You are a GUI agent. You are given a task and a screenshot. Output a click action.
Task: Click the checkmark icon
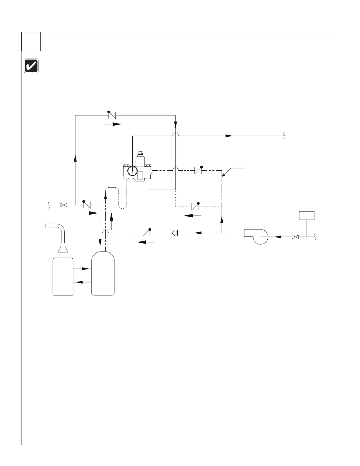pyautogui.click(x=31, y=66)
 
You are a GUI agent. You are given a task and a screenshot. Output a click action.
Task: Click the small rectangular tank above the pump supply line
pyautogui.click(x=306, y=215)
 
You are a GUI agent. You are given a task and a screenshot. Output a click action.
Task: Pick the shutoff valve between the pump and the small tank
pyautogui.click(x=295, y=237)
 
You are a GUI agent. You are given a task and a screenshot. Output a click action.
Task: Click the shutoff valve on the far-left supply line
pyautogui.click(x=63, y=205)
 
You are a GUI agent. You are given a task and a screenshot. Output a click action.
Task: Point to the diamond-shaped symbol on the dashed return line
pyautogui.click(x=174, y=233)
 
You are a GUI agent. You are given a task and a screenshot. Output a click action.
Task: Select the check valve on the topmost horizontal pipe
pyautogui.click(x=112, y=115)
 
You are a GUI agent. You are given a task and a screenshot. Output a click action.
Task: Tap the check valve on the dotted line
pyautogui.click(x=195, y=206)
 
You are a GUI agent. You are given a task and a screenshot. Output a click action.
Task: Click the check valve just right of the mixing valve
pyautogui.click(x=198, y=170)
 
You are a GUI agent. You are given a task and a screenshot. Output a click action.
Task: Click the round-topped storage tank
pyautogui.click(x=103, y=274)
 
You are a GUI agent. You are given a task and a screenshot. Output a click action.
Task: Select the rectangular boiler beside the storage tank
pyautogui.click(x=63, y=276)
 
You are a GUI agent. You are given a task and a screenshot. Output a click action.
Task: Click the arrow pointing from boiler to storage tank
pyautogui.click(x=82, y=269)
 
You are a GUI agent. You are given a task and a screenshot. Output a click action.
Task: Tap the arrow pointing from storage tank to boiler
pyautogui.click(x=82, y=282)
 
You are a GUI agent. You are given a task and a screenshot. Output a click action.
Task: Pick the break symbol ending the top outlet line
pyautogui.click(x=284, y=136)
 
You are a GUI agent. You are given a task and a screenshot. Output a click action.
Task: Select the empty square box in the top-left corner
pyautogui.click(x=31, y=41)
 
